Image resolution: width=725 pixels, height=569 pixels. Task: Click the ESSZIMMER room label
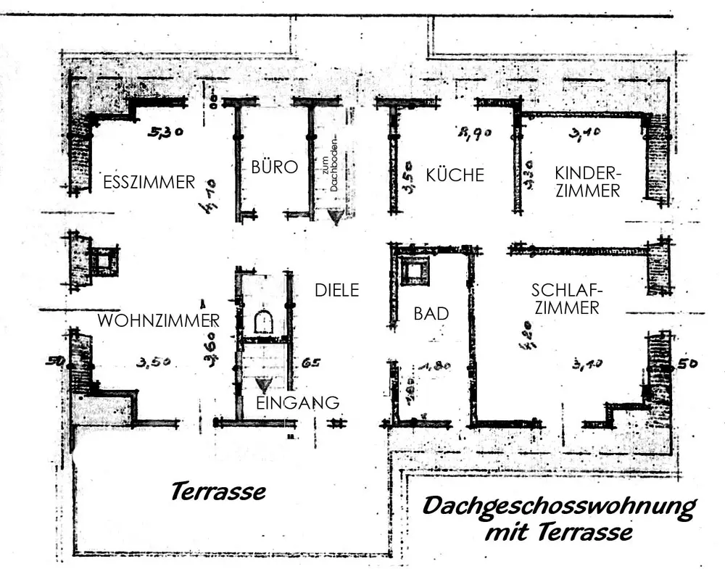pos(149,181)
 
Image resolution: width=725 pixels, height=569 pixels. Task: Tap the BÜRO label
pos(275,167)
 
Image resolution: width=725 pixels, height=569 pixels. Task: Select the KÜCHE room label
pos(455,175)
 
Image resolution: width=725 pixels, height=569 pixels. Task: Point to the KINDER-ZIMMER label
pos(587,182)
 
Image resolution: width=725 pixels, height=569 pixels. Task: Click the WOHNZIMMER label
pos(159,320)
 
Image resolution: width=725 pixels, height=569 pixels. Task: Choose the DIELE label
pos(337,291)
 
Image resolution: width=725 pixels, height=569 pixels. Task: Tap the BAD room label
pos(431,314)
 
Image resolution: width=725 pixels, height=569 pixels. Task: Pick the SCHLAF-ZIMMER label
pos(565,299)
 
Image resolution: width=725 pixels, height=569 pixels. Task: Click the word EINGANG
pos(298,402)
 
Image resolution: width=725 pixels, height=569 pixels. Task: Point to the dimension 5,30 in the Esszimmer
pos(165,133)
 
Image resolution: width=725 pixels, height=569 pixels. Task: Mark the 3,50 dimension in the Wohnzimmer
pos(153,362)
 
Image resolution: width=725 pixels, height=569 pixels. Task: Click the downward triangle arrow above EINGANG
pos(265,385)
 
